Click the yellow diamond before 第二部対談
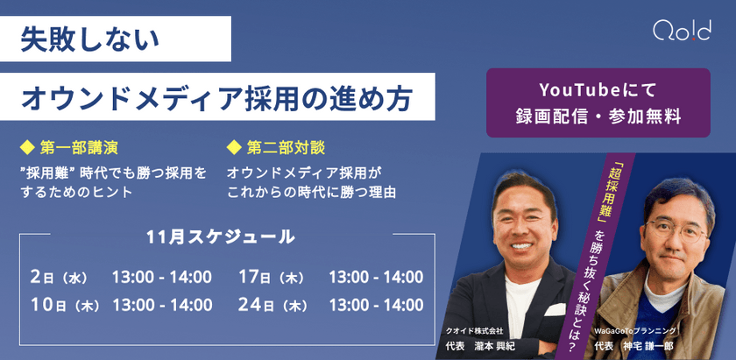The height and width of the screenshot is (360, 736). click(233, 145)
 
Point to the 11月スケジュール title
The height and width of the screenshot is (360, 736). click(221, 236)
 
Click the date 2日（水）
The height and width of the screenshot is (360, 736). click(59, 278)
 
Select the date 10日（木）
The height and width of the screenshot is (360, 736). click(59, 305)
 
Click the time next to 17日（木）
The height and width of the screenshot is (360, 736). click(375, 278)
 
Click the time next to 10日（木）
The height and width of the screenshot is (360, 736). click(162, 305)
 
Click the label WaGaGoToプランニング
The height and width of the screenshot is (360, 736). click(635, 330)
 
